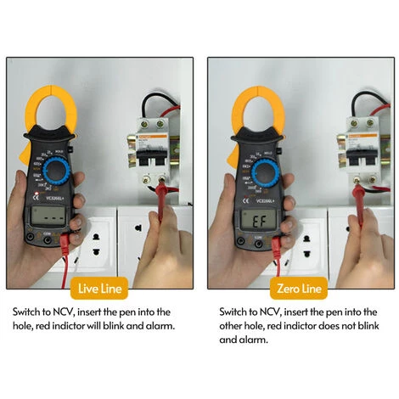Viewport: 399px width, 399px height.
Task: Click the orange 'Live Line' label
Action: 100,289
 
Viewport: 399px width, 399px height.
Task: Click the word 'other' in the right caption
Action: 231,325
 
